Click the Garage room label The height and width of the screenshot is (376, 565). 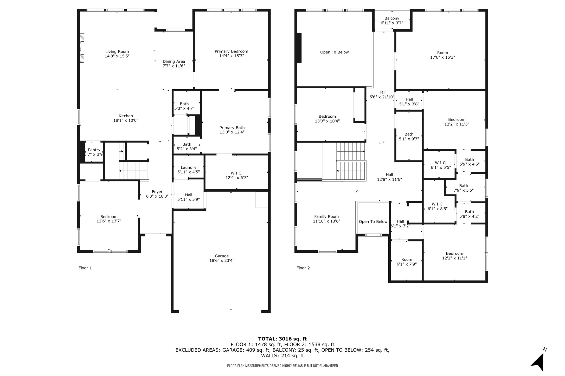coord(222,256)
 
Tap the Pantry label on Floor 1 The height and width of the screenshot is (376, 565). coord(94,150)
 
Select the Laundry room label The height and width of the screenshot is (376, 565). coord(189,167)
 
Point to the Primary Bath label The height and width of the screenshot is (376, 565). coord(232,127)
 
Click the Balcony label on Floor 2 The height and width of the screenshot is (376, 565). coord(392,18)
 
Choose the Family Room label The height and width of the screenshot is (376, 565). coord(326,217)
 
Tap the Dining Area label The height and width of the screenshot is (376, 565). coord(174,62)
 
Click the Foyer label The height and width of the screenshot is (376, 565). coord(157,192)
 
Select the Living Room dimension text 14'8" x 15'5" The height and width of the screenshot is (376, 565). coord(117,56)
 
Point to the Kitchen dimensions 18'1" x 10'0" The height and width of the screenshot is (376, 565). coord(126,120)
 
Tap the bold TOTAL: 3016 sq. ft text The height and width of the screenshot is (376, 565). coord(282,339)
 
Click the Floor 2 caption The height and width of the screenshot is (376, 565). coord(303,268)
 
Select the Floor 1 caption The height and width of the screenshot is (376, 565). coord(85,268)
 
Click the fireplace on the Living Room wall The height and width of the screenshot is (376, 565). coord(82,48)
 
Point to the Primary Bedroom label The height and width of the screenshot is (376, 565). coord(231,51)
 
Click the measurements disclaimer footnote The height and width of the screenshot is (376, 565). coord(282,366)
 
